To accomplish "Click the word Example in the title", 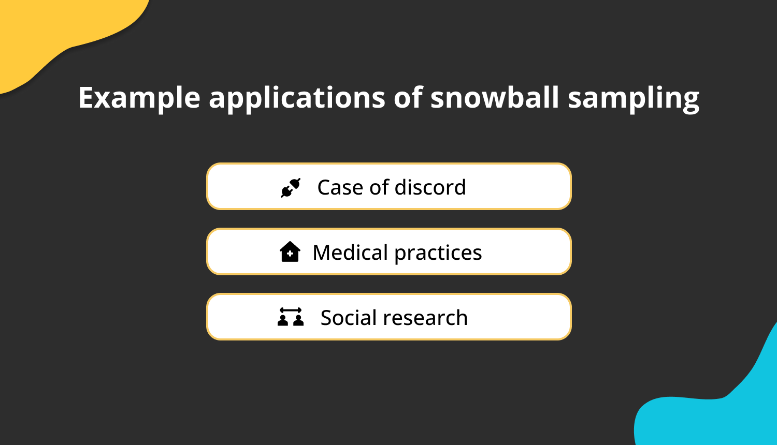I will [139, 98].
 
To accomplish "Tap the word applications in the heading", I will [297, 98].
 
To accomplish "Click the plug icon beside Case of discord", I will [290, 187].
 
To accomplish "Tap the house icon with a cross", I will [290, 252].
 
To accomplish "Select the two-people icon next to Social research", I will [290, 317].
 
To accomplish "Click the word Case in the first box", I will [340, 187].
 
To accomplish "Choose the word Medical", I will [350, 253].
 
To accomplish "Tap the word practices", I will [438, 253].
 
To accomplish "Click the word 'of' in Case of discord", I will [379, 187].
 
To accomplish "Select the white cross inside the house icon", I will [290, 254].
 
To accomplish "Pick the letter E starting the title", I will [85, 97].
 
